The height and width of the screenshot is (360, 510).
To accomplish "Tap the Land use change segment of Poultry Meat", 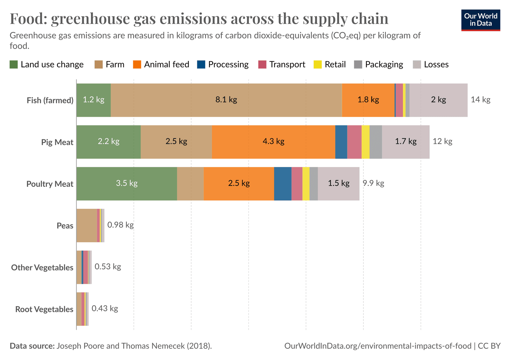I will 127,191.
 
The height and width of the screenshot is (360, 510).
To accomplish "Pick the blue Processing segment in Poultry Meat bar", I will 282,184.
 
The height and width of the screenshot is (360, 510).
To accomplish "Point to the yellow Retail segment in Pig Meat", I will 365,142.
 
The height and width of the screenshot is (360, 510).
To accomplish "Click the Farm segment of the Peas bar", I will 86,225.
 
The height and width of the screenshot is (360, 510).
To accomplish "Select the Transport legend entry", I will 287,64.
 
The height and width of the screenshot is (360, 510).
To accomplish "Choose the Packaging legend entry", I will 384,64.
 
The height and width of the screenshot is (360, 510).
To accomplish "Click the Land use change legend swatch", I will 14,64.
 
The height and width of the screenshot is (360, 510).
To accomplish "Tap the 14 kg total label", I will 480,99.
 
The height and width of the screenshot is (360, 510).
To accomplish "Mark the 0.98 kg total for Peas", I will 120,225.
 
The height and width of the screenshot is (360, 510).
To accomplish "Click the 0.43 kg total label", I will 105,308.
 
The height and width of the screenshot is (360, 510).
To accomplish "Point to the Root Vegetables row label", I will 44,309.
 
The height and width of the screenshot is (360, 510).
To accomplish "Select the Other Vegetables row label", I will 42,268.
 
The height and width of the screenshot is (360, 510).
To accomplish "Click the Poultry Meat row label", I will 50,184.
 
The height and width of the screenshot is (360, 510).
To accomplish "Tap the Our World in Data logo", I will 480,20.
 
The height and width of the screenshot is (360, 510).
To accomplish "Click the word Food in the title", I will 28,18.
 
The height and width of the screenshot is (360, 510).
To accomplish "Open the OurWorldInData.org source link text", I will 377,346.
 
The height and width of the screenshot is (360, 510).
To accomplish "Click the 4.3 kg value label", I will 273,141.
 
